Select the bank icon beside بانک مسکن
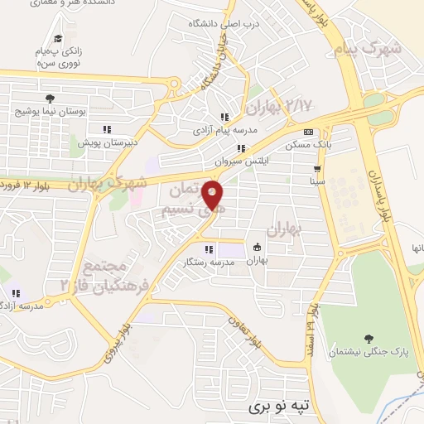[x=308, y=132]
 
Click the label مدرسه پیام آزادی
[x=221, y=130]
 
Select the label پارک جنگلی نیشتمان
[x=377, y=352]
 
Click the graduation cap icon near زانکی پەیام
[x=58, y=38]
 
